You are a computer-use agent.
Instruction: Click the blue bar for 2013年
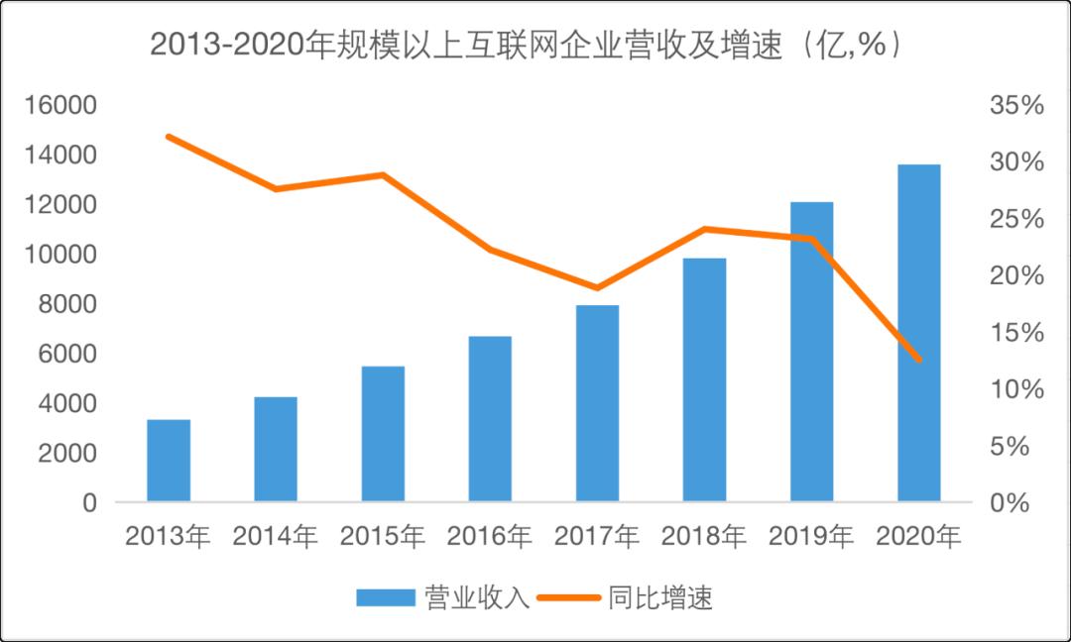(x=169, y=461)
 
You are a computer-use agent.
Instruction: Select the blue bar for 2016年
(x=490, y=419)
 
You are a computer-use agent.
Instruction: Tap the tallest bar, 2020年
(x=918, y=333)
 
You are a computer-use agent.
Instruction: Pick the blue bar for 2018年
(x=704, y=379)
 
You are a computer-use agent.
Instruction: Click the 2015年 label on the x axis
(x=382, y=537)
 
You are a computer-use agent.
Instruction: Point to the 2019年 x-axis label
(x=811, y=537)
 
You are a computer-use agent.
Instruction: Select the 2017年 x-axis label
(x=597, y=537)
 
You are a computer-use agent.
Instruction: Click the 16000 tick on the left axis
(x=61, y=106)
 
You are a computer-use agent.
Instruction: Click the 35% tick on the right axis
(x=1016, y=106)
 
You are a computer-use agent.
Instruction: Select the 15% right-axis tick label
(x=1016, y=333)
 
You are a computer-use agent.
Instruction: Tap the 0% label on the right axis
(x=1021, y=503)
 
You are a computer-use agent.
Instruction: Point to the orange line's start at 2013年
(x=169, y=137)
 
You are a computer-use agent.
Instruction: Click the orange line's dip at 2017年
(x=597, y=288)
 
